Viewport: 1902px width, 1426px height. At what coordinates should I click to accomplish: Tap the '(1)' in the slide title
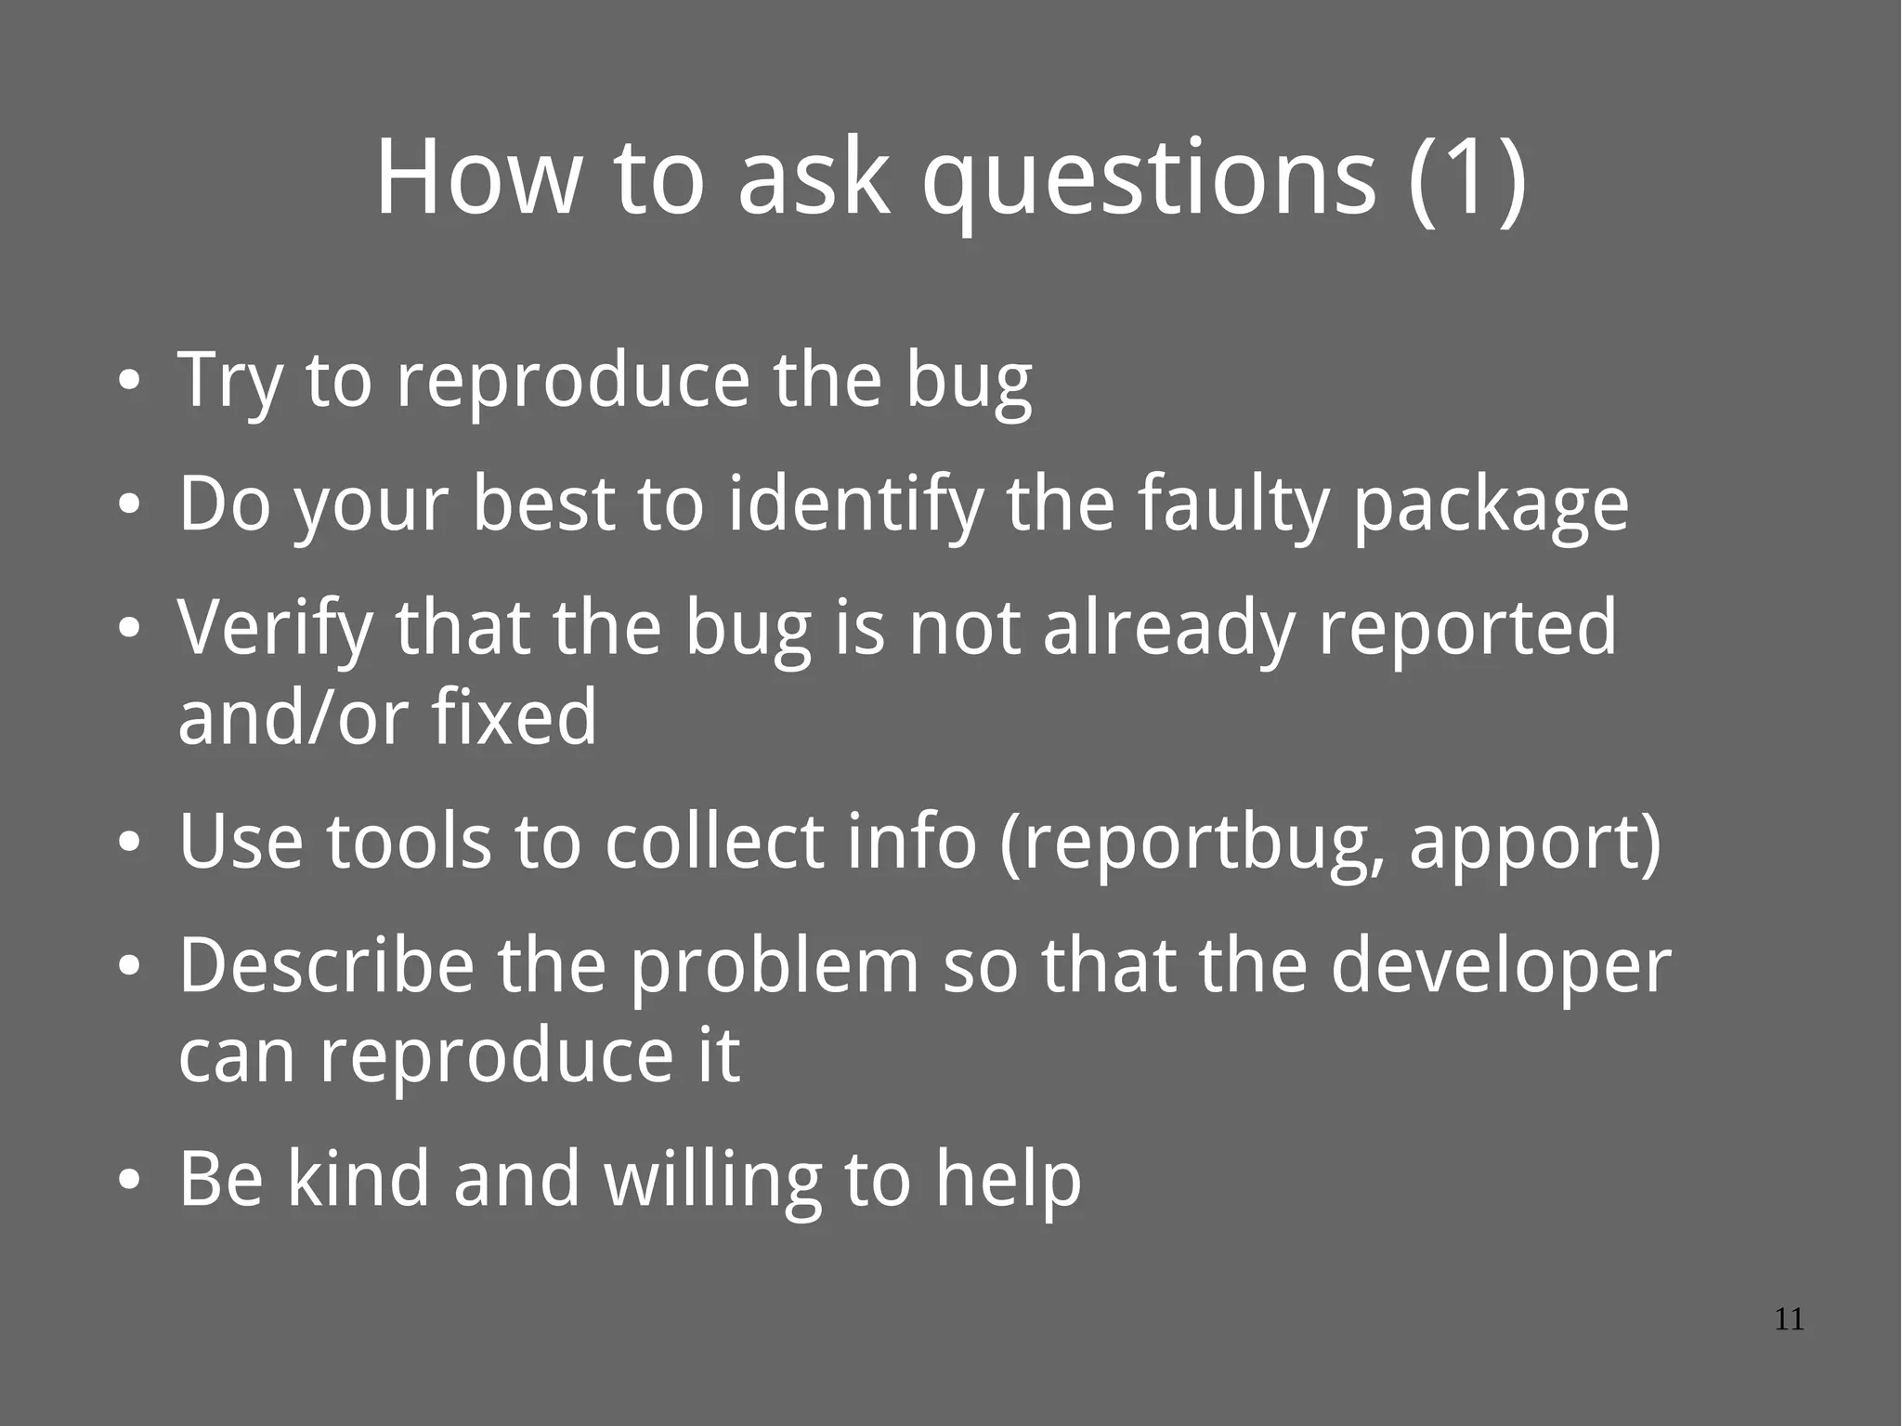pos(1467,178)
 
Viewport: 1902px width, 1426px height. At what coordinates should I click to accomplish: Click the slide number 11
pos(1789,1320)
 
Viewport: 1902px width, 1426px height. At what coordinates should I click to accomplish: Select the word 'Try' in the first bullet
pos(228,381)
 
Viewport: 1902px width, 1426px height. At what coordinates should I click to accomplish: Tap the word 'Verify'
pos(275,630)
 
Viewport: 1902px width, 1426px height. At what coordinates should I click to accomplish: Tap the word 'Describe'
pos(326,966)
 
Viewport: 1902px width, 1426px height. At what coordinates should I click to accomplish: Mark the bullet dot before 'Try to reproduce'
pos(130,382)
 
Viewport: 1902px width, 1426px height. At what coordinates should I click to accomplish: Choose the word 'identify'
pos(855,505)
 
